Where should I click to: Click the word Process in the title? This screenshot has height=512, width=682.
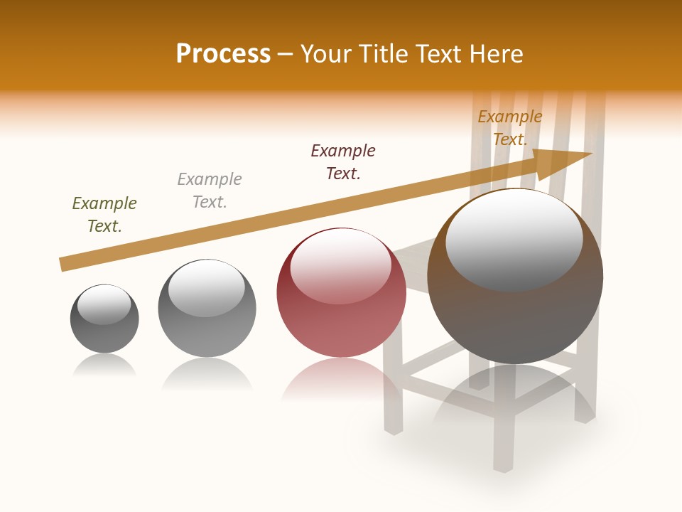pos(223,54)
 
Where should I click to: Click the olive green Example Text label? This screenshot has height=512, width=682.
pos(104,215)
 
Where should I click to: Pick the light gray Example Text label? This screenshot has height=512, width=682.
pos(210,191)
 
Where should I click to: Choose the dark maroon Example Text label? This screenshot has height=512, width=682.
pos(343,162)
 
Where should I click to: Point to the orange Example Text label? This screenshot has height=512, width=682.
pos(509,128)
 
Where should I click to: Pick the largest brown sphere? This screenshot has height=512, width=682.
pos(515,313)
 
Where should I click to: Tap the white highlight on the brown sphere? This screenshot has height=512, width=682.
pos(514,238)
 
